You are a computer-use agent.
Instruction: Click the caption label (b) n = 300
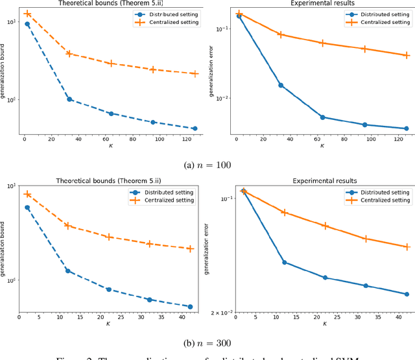tap(207, 342)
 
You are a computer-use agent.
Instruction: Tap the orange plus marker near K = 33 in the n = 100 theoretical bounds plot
tap(69, 54)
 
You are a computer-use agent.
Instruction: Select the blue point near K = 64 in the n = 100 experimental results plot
tap(322, 117)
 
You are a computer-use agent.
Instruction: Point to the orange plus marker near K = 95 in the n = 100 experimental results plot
tap(364, 49)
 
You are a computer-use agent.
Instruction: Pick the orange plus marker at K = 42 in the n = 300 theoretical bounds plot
tap(190, 248)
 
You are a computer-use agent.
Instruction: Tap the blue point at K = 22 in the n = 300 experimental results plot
tap(325, 278)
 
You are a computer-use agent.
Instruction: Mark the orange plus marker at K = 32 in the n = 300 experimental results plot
tap(366, 239)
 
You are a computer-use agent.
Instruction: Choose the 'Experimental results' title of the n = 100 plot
tap(322, 3)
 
